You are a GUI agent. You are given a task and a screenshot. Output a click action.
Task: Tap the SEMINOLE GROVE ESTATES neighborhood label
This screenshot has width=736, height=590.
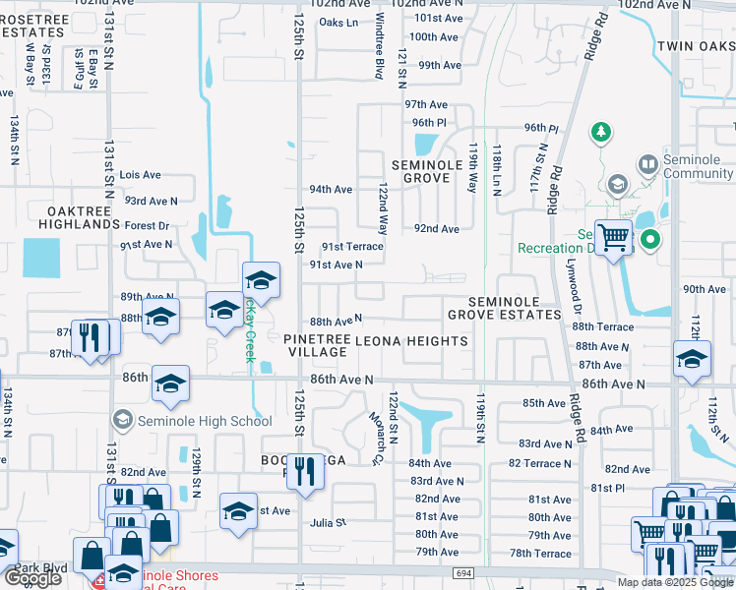pyautogui.click(x=504, y=308)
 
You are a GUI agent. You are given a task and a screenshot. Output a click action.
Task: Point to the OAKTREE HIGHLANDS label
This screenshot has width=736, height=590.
pyautogui.click(x=80, y=217)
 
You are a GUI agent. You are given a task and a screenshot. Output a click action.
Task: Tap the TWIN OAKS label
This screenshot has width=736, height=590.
pyautogui.click(x=696, y=46)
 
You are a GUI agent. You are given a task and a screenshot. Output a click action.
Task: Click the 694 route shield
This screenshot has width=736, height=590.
pyautogui.click(x=463, y=572)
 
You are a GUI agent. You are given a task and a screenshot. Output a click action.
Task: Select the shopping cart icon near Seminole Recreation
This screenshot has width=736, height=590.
pyautogui.click(x=612, y=236)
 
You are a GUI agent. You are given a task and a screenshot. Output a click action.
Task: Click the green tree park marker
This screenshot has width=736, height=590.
pyautogui.click(x=600, y=131)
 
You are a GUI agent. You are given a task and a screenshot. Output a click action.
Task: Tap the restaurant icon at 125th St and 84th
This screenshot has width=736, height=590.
pyautogui.click(x=304, y=471)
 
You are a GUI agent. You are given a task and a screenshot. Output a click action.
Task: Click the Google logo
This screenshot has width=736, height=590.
pyautogui.click(x=32, y=578)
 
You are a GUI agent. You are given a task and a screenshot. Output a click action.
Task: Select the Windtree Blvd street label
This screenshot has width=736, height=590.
pyautogui.click(x=379, y=60)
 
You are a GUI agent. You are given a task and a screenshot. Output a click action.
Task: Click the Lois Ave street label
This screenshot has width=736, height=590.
pyautogui.click(x=140, y=175)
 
